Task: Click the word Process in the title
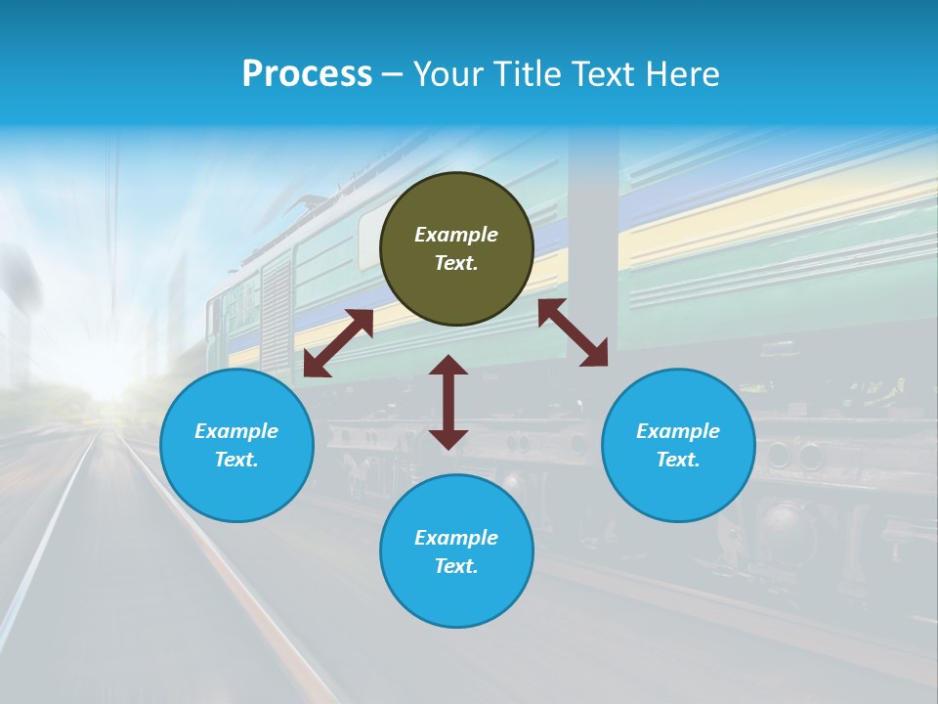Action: pyautogui.click(x=307, y=74)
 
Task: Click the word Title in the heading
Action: pyautogui.click(x=529, y=74)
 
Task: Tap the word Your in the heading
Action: pyautogui.click(x=450, y=74)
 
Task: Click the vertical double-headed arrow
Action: pyautogui.click(x=448, y=402)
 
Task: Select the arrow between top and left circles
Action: pyautogui.click(x=338, y=342)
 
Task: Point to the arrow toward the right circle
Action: pyautogui.click(x=573, y=332)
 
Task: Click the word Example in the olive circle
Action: pyautogui.click(x=456, y=235)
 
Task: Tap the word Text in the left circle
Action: pyautogui.click(x=236, y=460)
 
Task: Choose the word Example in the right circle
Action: pyautogui.click(x=678, y=431)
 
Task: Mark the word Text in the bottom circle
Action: pyautogui.click(x=456, y=566)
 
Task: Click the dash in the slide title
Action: pyautogui.click(x=392, y=74)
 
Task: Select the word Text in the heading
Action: pyautogui.click(x=602, y=74)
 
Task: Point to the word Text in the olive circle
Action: pyautogui.click(x=456, y=263)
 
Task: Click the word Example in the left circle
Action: pyautogui.click(x=236, y=431)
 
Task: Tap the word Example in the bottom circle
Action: pyautogui.click(x=456, y=538)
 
